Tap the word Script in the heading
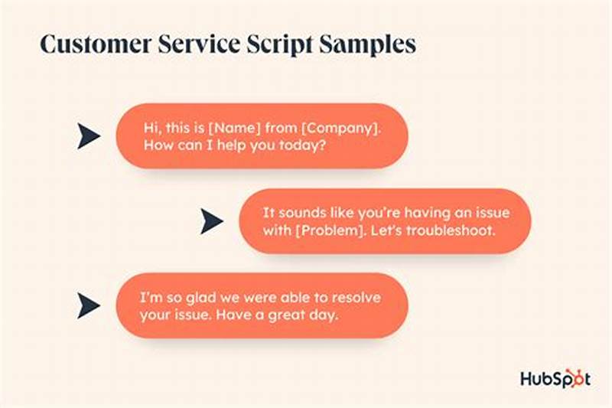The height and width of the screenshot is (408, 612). [281, 44]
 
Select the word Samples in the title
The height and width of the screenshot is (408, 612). [370, 44]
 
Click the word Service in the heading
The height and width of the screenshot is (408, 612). [194, 44]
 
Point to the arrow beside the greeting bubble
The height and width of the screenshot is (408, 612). [89, 136]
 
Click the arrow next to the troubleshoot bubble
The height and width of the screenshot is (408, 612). [211, 221]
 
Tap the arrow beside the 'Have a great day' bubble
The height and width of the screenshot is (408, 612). [89, 306]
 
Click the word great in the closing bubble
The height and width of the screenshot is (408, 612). [289, 315]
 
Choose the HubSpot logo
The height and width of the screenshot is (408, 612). [555, 378]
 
